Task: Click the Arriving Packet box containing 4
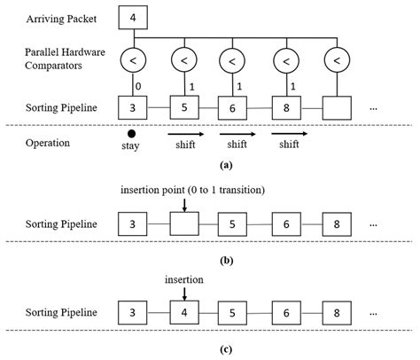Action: [133, 18]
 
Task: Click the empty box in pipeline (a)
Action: [337, 108]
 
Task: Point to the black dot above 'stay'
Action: [131, 134]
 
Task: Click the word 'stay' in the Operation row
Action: [130, 145]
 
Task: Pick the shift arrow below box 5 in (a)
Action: [186, 135]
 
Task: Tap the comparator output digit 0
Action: [138, 86]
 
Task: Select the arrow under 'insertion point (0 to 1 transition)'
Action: [184, 205]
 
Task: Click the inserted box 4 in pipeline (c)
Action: [184, 312]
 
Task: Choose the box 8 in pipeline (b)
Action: [337, 224]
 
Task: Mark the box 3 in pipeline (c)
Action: [132, 313]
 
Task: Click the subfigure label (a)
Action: [226, 165]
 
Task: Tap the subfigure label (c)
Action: [226, 349]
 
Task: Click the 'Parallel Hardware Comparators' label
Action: [65, 59]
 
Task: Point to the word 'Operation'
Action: [48, 143]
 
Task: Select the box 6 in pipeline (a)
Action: [232, 108]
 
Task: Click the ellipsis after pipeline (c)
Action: [373, 314]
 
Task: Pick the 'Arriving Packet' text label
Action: [61, 19]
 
